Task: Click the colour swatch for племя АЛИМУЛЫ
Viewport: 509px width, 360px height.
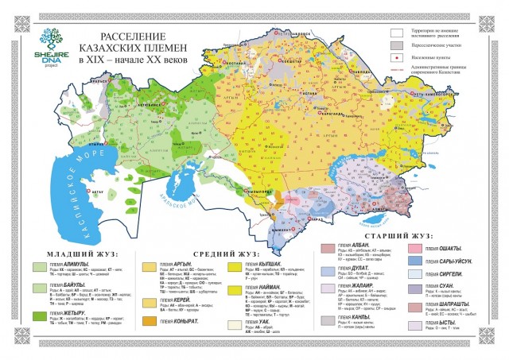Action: coord(37,265)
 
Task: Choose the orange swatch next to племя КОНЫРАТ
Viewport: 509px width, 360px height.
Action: coord(149,320)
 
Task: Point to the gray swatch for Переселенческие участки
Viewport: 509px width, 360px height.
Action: coord(394,46)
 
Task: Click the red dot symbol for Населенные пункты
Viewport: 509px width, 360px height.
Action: coord(394,59)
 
